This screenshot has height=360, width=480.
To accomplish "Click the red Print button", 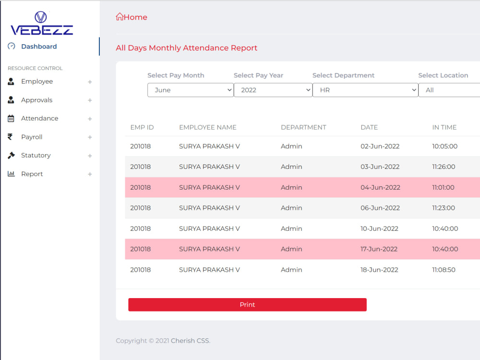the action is (247, 305).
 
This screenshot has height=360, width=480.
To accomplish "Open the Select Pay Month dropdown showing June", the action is (191, 90).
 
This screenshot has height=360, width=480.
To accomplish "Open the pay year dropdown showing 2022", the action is (273, 90).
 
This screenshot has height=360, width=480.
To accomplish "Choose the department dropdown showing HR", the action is (365, 90).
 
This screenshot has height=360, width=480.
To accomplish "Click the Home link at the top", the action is (132, 17).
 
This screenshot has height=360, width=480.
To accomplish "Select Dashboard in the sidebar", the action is (39, 47).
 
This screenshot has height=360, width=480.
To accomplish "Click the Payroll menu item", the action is (32, 137).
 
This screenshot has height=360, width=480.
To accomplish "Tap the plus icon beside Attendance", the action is (90, 119).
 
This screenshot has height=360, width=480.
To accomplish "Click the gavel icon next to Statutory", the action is (11, 156).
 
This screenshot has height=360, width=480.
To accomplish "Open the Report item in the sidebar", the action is (32, 174).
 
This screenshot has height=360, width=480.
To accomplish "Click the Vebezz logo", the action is (42, 23).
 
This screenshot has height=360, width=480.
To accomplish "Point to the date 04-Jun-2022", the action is (380, 187).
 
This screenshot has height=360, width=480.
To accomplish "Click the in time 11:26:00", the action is (444, 167).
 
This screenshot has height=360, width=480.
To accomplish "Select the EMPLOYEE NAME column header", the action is (208, 127).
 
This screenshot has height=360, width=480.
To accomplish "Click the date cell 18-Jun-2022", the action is (379, 270).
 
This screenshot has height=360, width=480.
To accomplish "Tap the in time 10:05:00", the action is (445, 146).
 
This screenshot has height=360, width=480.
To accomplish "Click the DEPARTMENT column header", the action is (303, 127).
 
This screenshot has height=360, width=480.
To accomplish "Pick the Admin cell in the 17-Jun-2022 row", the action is (291, 249).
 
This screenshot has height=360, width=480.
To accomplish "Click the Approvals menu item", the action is (37, 100).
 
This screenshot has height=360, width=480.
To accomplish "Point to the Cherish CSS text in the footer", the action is (191, 341).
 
